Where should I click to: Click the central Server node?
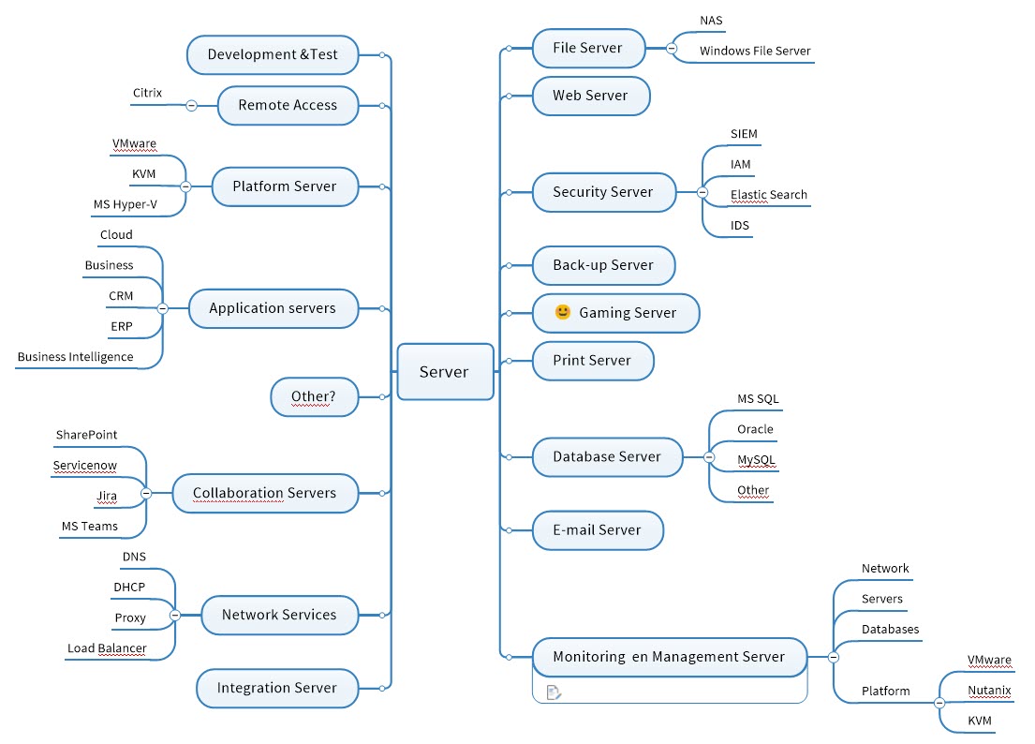[445, 372]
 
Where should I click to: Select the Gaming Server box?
[615, 313]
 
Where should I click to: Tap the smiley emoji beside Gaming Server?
[563, 312]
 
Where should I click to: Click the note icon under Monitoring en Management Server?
[554, 692]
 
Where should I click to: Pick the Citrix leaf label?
[147, 93]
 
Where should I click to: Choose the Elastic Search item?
[768, 195]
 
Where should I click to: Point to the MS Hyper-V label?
[125, 204]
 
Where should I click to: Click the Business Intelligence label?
[75, 357]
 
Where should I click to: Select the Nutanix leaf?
[989, 691]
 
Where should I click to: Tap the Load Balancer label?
[107, 648]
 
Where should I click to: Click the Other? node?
[313, 396]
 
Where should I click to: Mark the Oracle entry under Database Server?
[755, 429]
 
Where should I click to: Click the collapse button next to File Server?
[672, 48]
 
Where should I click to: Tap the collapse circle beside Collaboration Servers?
[146, 493]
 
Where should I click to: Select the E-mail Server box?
[597, 529]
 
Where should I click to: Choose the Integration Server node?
[277, 688]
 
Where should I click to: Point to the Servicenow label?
[85, 466]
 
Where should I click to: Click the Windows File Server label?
[755, 52]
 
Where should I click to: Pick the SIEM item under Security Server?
[744, 134]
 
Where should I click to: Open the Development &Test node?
[273, 54]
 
